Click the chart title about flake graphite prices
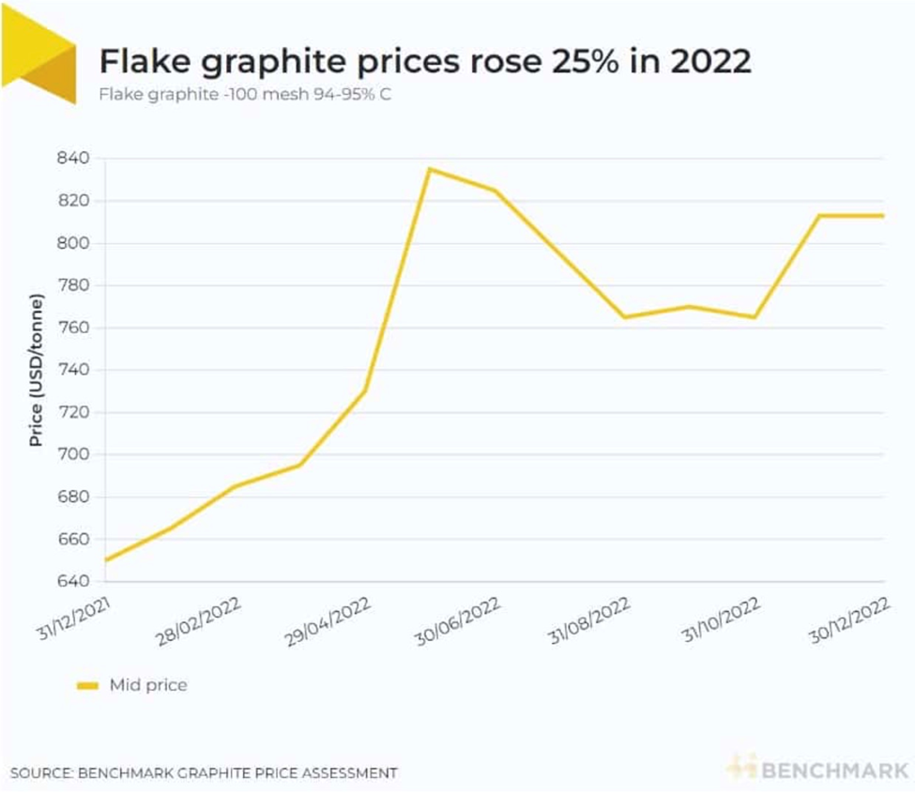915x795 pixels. coord(425,62)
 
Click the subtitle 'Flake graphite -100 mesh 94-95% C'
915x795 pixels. coord(245,95)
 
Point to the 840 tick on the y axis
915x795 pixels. coord(76,159)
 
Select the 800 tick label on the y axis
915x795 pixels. coord(76,243)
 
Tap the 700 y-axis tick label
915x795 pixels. coord(76,454)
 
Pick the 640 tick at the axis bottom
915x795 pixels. coord(76,582)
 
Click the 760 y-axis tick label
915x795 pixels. coord(76,328)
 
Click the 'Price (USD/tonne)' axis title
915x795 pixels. coord(36,371)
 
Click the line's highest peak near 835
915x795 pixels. coord(430,169)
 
